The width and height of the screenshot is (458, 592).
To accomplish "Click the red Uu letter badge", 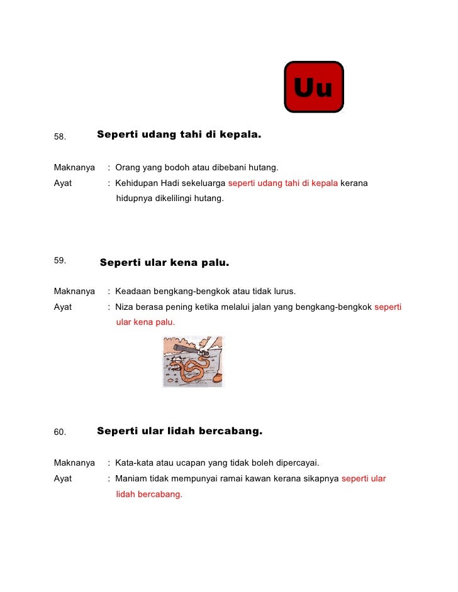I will point(314,87).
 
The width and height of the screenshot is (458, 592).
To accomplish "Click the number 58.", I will point(60,136).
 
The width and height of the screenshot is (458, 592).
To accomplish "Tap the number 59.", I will point(60,260).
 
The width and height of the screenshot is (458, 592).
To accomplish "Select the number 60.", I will point(60,432).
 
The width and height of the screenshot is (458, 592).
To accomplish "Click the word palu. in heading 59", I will point(215,262).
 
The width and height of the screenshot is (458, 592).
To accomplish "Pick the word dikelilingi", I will point(179,199).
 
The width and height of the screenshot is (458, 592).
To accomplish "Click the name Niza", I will point(125,307).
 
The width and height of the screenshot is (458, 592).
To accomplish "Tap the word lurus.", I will point(283,292).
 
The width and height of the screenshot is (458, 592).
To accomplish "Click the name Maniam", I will point(131,478).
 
